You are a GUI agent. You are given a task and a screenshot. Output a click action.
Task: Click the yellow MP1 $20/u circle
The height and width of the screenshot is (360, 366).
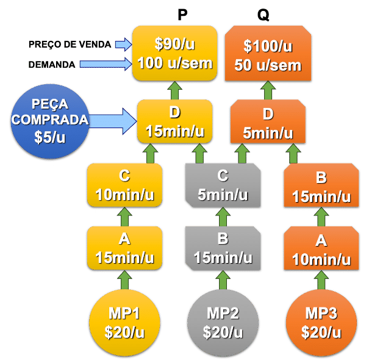[124, 322]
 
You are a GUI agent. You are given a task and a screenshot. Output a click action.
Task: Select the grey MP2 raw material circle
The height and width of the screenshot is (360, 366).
[223, 322]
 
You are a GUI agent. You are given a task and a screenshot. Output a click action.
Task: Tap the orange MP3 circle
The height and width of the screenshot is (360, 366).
[321, 322]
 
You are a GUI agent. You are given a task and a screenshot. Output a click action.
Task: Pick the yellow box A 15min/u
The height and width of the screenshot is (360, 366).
[124, 248]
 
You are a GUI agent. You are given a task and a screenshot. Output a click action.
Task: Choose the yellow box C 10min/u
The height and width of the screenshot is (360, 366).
[124, 185]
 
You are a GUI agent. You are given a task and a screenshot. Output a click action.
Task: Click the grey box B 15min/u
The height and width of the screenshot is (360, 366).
[223, 248]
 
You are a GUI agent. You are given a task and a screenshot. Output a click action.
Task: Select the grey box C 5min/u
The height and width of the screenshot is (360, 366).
[223, 185]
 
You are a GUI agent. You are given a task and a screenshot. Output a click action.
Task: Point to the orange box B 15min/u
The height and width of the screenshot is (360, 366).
[321, 186]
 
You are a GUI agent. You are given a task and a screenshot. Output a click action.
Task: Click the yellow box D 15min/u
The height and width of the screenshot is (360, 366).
[175, 122]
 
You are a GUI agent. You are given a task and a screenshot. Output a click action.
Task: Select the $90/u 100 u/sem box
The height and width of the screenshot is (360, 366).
[175, 53]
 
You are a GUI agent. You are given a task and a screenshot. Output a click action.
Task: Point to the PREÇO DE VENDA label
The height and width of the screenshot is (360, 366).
[70, 45]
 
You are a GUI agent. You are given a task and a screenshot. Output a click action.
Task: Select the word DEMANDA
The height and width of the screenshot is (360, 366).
[52, 64]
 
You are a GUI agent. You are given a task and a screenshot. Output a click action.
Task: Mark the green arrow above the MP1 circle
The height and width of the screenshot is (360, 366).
[124, 279]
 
